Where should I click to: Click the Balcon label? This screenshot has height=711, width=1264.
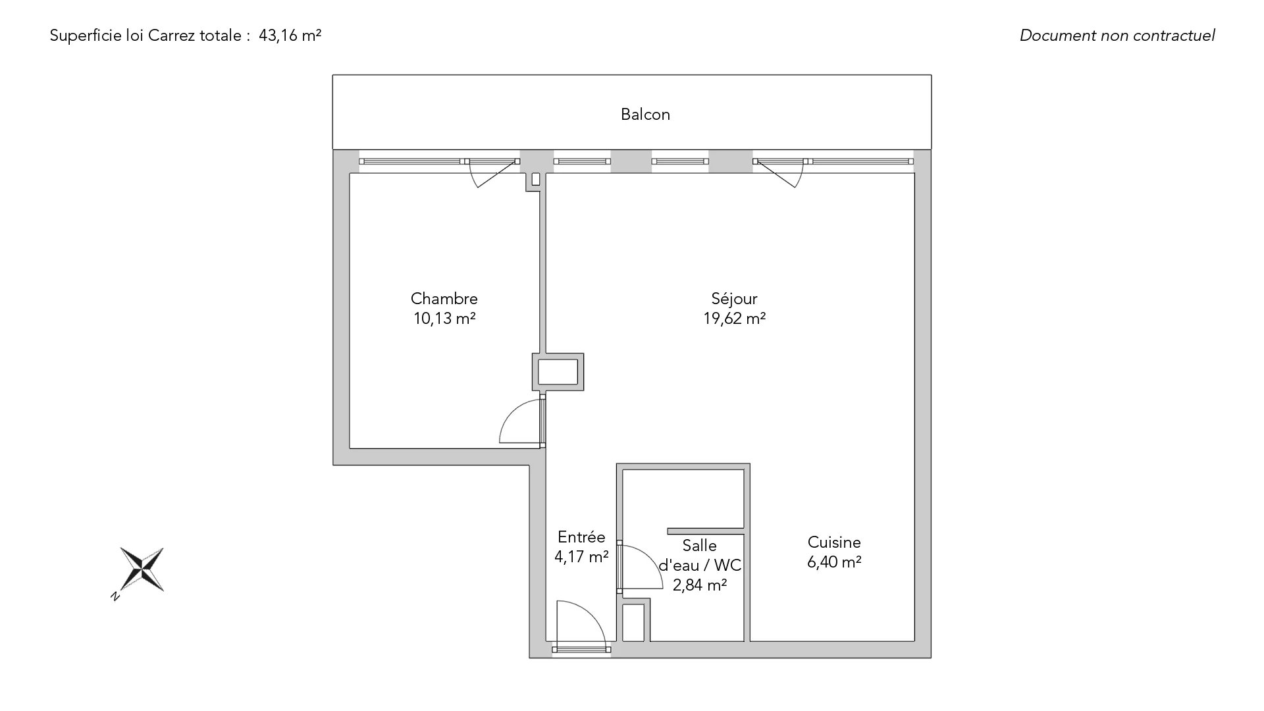(x=645, y=115)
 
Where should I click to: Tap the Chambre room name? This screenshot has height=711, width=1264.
(x=444, y=299)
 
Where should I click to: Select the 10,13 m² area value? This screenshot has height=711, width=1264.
(x=444, y=319)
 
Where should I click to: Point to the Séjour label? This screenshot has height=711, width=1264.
(x=734, y=299)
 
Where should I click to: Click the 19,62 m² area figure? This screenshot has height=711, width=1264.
(x=734, y=319)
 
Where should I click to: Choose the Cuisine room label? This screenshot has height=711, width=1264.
(x=834, y=542)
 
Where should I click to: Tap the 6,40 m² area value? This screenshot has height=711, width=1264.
(x=834, y=562)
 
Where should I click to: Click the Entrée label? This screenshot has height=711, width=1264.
(x=581, y=537)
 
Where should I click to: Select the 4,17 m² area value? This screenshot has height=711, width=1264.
(x=581, y=557)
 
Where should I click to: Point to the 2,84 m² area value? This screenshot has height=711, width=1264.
(x=700, y=585)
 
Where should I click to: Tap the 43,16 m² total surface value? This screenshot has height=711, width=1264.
(x=290, y=36)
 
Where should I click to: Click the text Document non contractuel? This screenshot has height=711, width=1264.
(x=1117, y=36)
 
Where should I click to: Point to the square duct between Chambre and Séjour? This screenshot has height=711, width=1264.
(x=558, y=372)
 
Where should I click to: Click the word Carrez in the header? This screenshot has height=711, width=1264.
(x=167, y=36)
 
